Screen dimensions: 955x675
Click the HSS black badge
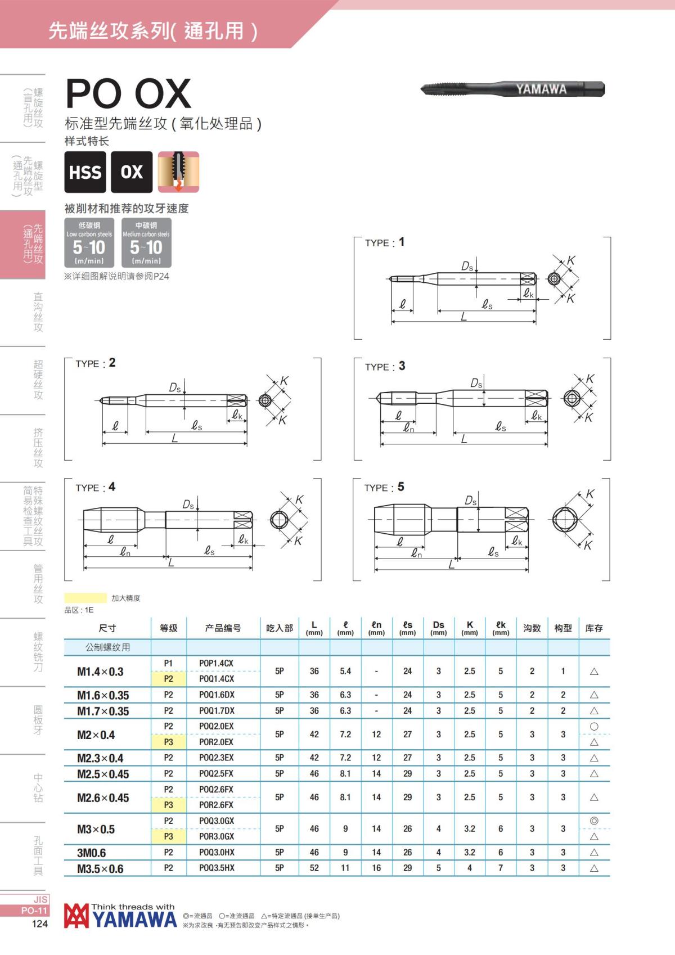point(85,172)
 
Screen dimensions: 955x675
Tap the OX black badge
point(132,172)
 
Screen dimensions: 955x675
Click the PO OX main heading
point(129,93)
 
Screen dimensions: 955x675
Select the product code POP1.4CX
point(216,664)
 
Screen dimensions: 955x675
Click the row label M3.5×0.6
point(100,869)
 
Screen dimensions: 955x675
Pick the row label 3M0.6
point(91,853)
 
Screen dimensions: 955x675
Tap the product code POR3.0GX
point(217,837)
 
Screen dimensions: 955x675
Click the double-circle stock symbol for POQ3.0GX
point(593,821)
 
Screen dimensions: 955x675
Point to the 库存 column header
point(593,628)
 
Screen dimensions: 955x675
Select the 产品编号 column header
point(223,628)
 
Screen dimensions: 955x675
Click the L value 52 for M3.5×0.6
point(314,868)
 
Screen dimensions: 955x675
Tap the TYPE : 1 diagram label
point(385,242)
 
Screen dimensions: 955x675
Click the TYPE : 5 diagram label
point(384,488)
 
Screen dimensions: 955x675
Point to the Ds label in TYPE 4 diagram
point(188,505)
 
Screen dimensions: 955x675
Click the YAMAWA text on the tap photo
point(541,89)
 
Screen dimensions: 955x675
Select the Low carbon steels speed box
point(89,243)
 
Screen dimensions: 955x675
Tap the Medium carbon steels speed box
point(146,243)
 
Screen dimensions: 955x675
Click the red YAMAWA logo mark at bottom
point(76,916)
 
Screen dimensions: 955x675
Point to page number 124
point(39,924)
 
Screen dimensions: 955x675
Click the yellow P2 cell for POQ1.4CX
point(168,679)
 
